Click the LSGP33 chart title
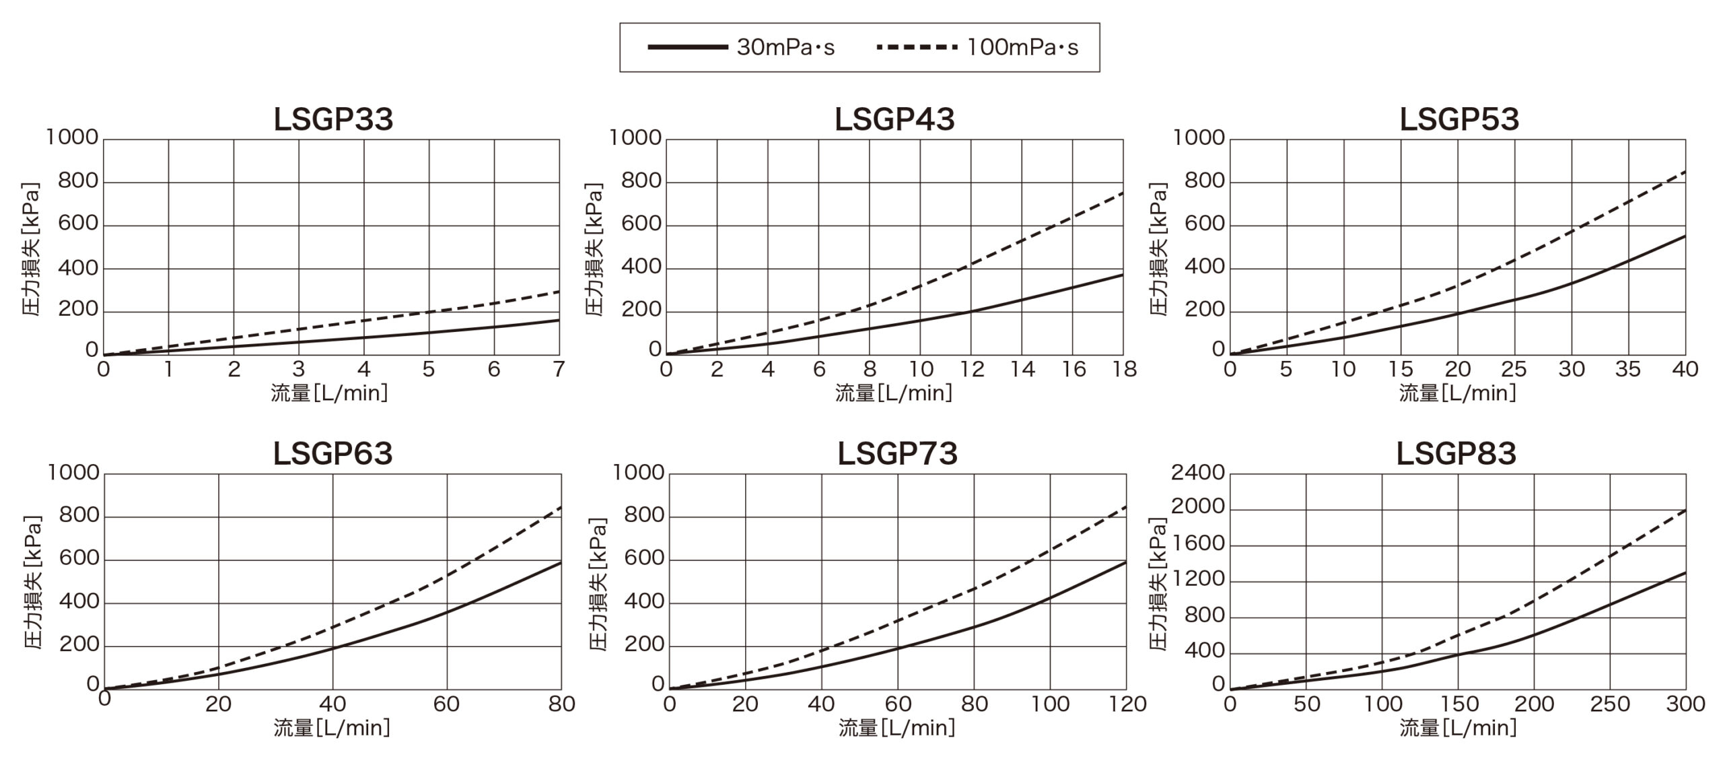333,119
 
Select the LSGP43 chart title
894,119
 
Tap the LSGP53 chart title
1459,119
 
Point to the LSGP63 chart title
332,453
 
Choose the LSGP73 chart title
897,453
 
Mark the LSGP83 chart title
1456,453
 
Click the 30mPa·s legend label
785,47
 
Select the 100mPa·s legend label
1022,47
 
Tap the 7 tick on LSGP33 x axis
559,369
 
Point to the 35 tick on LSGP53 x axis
1628,369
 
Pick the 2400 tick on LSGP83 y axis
1198,473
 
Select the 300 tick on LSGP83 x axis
1685,704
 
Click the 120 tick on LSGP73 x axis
1127,704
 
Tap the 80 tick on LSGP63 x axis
561,704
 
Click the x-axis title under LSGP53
1458,393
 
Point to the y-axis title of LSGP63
32,583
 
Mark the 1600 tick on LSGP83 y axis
1198,543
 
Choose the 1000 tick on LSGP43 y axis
635,137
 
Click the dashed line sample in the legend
917,47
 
